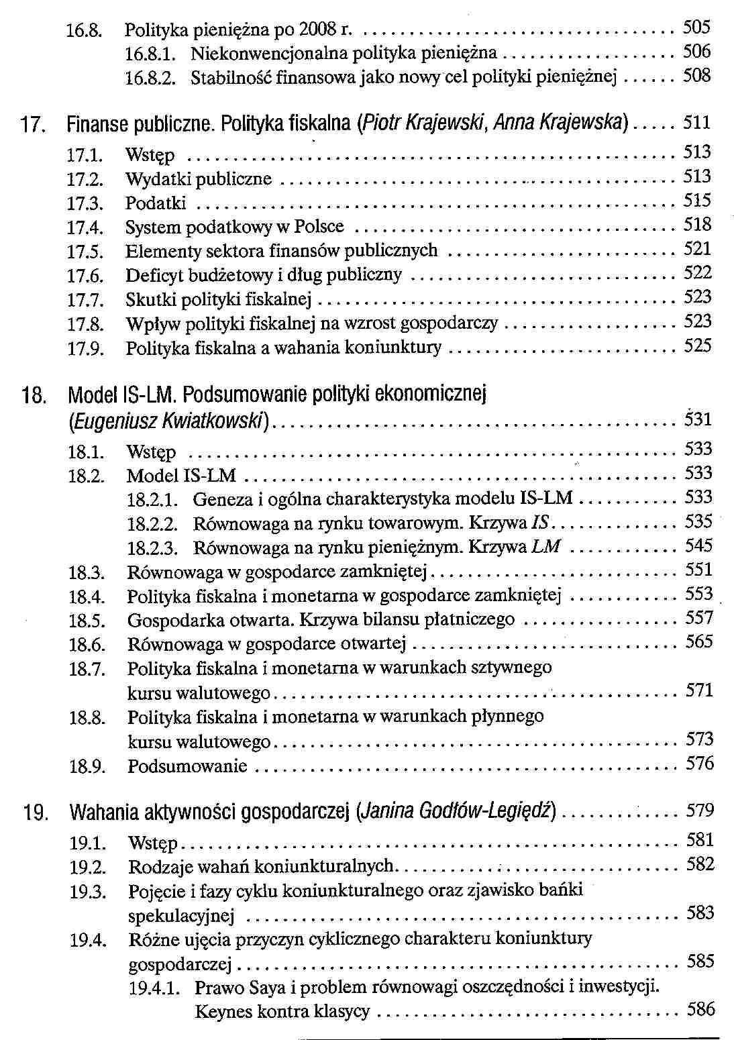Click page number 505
[x=696, y=28]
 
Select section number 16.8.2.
[x=151, y=78]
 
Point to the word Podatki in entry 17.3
[x=156, y=203]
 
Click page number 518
[x=697, y=225]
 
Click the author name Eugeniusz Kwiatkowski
[x=170, y=421]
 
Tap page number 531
[x=698, y=419]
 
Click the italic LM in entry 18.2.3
[x=545, y=546]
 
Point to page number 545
[x=698, y=545]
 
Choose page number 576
[x=700, y=764]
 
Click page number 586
[x=701, y=1009]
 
